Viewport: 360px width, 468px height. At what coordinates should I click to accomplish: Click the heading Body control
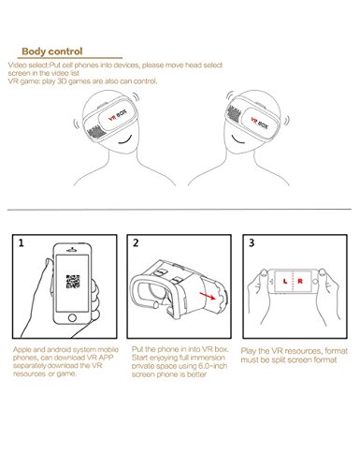tap(52, 51)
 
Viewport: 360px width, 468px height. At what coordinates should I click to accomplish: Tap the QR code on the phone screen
tap(73, 282)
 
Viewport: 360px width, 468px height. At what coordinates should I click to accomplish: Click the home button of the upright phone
tap(72, 318)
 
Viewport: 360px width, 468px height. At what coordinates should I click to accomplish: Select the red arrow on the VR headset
tap(208, 296)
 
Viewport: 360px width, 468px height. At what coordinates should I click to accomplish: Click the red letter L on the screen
tap(285, 282)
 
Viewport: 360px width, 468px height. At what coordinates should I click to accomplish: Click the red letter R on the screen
tap(300, 282)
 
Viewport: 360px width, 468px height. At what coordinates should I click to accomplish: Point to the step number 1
tap(21, 243)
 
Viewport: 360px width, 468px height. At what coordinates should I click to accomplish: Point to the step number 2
tap(136, 243)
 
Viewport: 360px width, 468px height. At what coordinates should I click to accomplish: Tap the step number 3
tap(252, 243)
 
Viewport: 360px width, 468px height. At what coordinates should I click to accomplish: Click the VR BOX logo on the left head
tap(118, 115)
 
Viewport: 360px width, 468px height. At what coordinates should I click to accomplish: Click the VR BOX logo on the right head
tap(259, 123)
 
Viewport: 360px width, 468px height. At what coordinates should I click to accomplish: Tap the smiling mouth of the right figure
tap(238, 139)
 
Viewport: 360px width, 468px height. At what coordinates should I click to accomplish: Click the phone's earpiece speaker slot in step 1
tap(72, 250)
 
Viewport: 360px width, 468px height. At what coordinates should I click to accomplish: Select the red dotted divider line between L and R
tap(293, 282)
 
